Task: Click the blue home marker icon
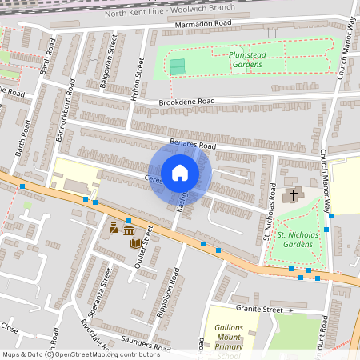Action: [x=180, y=172]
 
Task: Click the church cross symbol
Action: [x=293, y=194]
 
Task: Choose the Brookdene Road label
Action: [x=187, y=102]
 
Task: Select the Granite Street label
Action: [x=259, y=308]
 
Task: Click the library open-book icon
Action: [x=137, y=243]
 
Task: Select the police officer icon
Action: [x=114, y=228]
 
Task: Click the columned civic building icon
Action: [x=128, y=231]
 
